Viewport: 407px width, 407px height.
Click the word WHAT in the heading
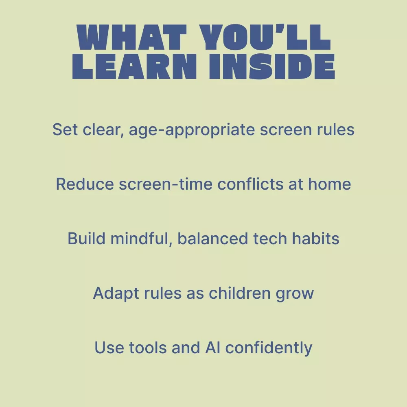click(132, 37)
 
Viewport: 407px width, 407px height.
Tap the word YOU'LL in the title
click(265, 37)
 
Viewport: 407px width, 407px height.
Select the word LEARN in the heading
click(134, 66)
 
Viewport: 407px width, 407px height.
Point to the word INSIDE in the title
click(272, 66)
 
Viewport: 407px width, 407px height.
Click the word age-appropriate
click(192, 130)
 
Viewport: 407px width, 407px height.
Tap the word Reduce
click(85, 184)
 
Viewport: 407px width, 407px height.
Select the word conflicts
click(250, 184)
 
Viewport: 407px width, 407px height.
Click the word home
click(329, 184)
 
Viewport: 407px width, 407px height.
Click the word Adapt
click(116, 293)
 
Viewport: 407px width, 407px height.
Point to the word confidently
click(269, 348)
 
